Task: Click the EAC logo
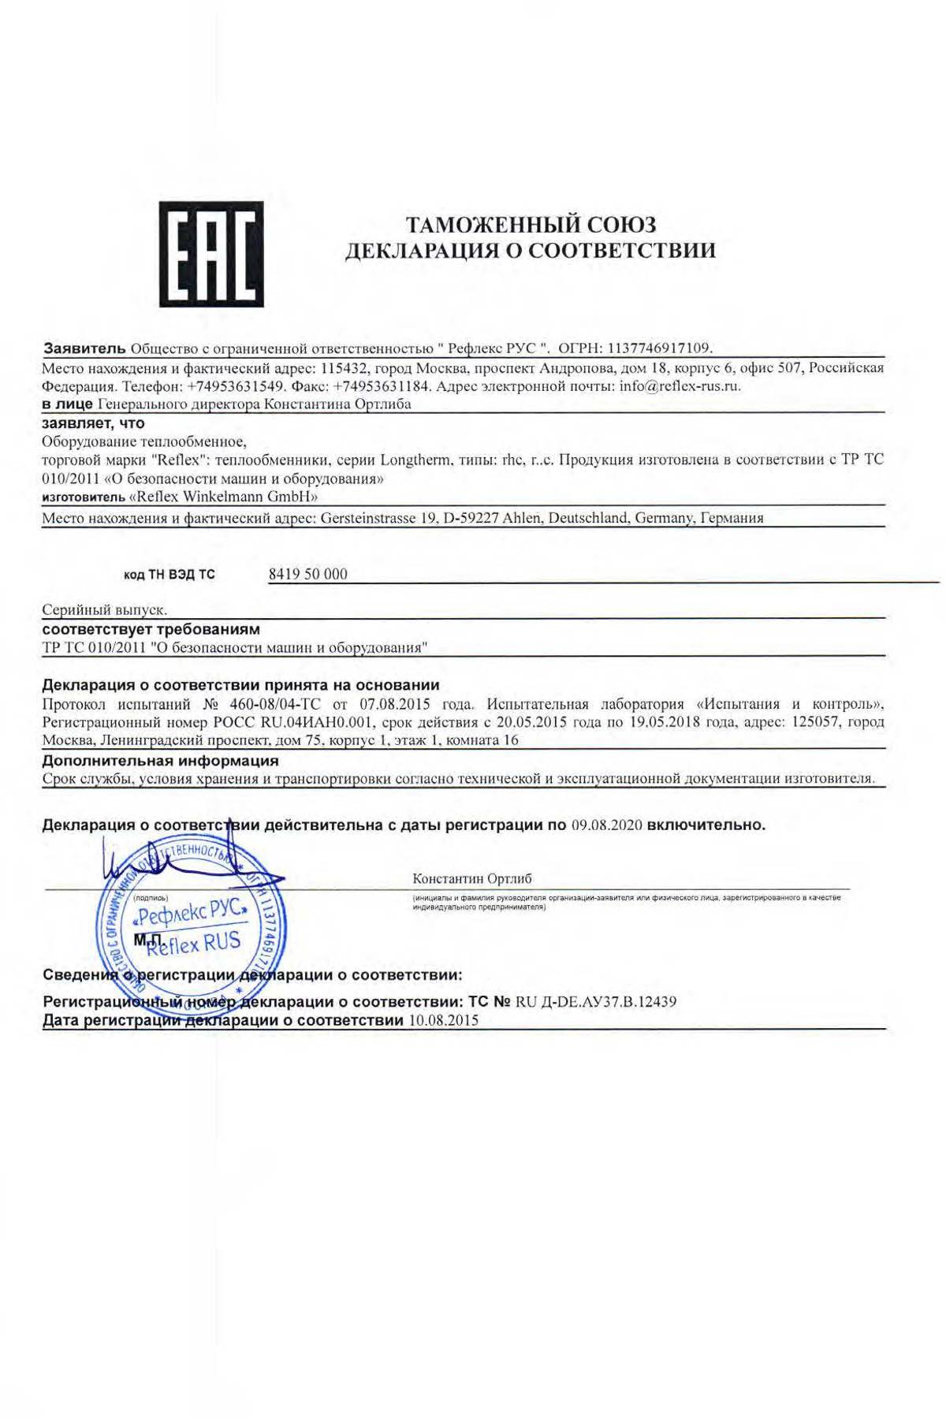[211, 254]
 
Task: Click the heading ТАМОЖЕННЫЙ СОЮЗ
[530, 225]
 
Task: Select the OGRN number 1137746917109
[659, 348]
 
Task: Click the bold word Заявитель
[84, 348]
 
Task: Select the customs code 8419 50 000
[307, 574]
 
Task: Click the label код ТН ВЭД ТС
[169, 575]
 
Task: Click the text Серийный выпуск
[104, 610]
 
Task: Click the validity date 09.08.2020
[605, 825]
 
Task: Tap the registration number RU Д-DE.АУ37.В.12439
[596, 1002]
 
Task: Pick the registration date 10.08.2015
[443, 1021]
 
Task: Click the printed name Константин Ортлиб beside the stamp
[471, 878]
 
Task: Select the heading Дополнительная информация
[160, 761]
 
